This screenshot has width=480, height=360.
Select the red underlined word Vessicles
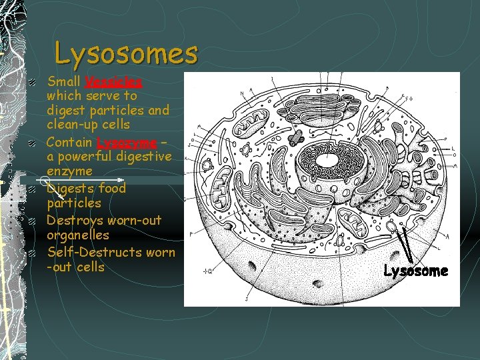[x=113, y=81]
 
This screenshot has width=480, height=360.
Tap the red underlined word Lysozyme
[x=127, y=143]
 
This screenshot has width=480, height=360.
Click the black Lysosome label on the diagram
[x=416, y=271]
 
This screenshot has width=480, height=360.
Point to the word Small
[x=64, y=81]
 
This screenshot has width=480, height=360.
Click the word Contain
[x=70, y=143]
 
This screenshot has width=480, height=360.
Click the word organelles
[x=77, y=235]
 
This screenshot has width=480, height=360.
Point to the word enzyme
[x=69, y=172]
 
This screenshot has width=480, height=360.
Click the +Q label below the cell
[x=208, y=271]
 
